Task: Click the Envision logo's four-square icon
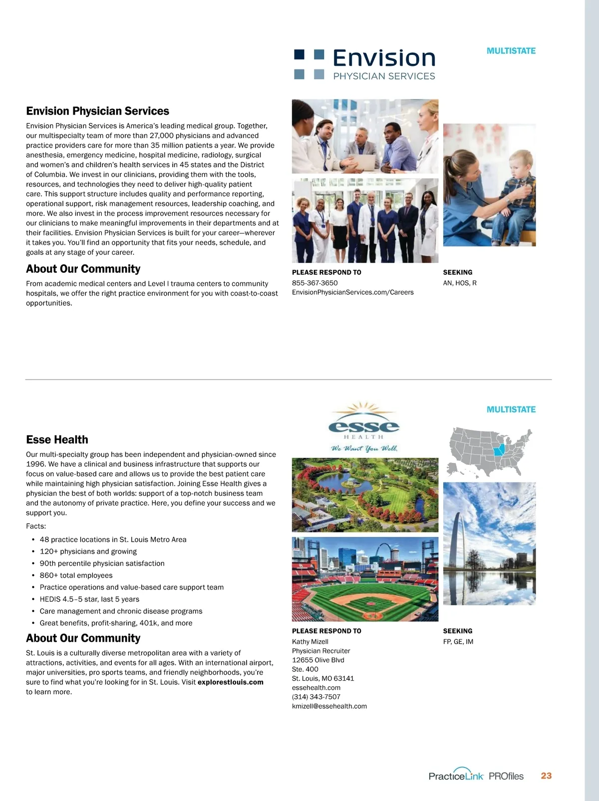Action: coord(309,64)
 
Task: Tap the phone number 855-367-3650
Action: coord(314,283)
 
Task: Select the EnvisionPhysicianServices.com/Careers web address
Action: coord(352,292)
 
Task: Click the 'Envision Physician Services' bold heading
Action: coord(97,111)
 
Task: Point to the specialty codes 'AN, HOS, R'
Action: coord(460,283)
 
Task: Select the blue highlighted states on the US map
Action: coord(499,450)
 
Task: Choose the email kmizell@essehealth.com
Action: coord(329,706)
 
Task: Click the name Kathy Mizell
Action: coord(310,642)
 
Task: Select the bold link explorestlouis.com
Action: coord(230,682)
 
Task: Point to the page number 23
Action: coord(546,776)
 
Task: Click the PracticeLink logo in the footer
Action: coord(456,776)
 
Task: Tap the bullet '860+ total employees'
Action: coord(76,576)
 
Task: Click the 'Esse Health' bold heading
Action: coord(57,439)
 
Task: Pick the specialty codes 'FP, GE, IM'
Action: coord(458,642)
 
